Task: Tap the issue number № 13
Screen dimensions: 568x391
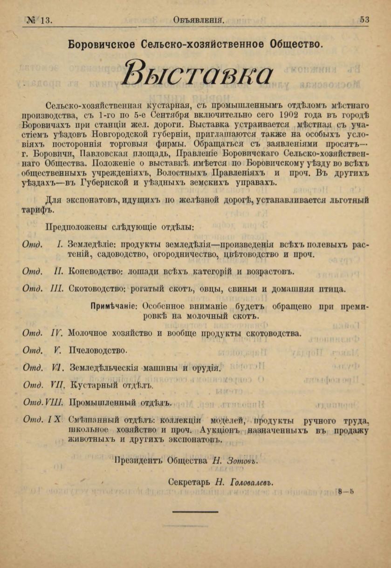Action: point(40,20)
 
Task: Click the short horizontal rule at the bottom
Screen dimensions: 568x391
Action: point(195,512)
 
